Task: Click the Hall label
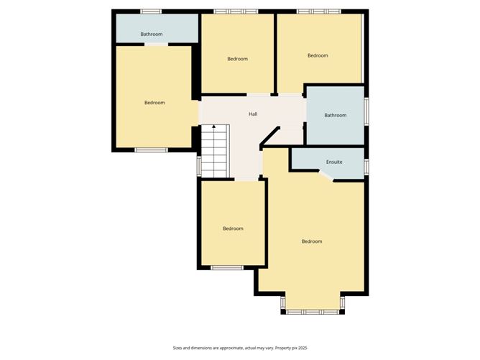pyautogui.click(x=253, y=114)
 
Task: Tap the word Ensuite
pyautogui.click(x=334, y=162)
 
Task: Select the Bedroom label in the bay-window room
pyautogui.click(x=312, y=241)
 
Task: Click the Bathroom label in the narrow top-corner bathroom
pyautogui.click(x=151, y=34)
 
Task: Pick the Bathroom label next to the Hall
pyautogui.click(x=335, y=115)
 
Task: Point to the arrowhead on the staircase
pyautogui.click(x=213, y=127)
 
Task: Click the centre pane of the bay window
pyautogui.click(x=312, y=312)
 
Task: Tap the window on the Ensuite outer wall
pyautogui.click(x=366, y=166)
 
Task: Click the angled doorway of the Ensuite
pyautogui.click(x=326, y=177)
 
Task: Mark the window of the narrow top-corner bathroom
pyautogui.click(x=151, y=11)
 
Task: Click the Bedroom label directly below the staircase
pyautogui.click(x=233, y=229)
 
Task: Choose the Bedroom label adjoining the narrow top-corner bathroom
pyautogui.click(x=154, y=103)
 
